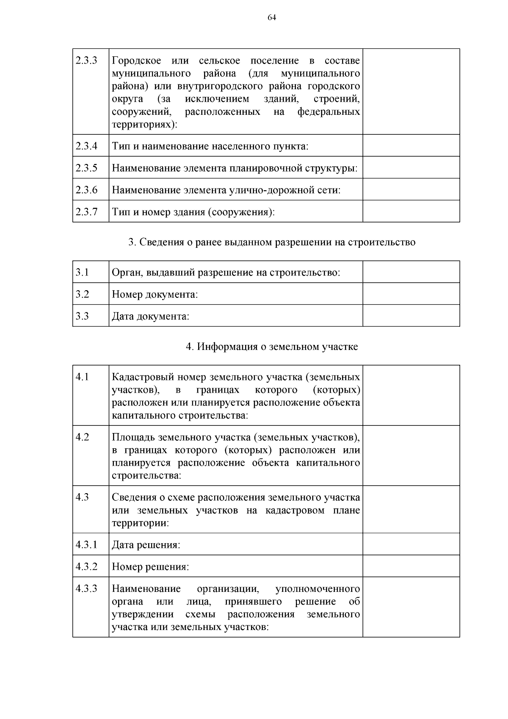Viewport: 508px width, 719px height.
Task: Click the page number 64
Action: click(272, 17)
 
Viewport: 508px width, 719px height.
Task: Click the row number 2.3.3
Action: click(86, 61)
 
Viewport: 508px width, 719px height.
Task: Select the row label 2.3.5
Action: click(86, 168)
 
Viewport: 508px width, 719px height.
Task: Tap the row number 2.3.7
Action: click(86, 211)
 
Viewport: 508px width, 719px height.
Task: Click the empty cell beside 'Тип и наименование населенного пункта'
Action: click(411, 146)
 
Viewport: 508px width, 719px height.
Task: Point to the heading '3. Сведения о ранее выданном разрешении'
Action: click(272, 242)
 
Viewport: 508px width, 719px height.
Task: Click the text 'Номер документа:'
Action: click(155, 294)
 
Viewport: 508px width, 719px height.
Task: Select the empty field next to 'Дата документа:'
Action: click(411, 316)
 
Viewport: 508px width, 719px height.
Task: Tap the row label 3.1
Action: click(82, 272)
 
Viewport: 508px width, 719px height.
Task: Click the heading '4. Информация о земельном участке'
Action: click(272, 347)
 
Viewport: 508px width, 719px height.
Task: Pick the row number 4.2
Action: click(82, 437)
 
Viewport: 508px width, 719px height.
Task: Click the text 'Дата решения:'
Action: click(146, 544)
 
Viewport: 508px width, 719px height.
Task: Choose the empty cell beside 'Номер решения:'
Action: click(411, 566)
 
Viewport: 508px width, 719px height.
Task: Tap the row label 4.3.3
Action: click(86, 589)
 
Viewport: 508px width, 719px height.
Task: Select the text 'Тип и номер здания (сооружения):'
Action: click(193, 211)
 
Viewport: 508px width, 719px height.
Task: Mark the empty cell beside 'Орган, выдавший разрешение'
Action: click(411, 272)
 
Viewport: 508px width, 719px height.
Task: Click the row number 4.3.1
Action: click(86, 544)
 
